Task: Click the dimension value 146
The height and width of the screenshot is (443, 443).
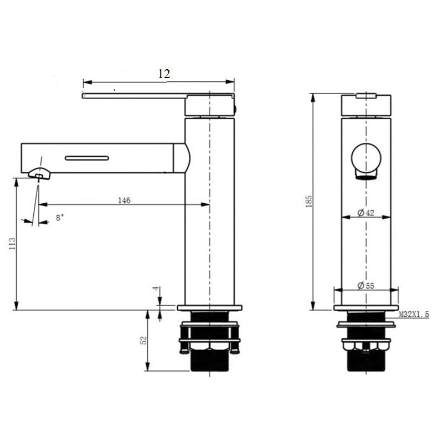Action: pyautogui.click(x=124, y=200)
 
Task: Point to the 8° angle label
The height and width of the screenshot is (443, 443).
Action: pyautogui.click(x=60, y=218)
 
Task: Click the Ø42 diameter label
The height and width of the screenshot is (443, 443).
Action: pyautogui.click(x=366, y=213)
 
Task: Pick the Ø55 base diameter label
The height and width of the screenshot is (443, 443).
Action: pyautogui.click(x=366, y=285)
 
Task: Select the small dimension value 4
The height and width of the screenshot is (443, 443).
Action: pyautogui.click(x=156, y=289)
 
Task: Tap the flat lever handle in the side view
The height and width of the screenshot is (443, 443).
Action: pyautogui.click(x=133, y=96)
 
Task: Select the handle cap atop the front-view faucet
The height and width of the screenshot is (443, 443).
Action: pyautogui.click(x=366, y=105)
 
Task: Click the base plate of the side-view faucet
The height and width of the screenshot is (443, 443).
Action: pyautogui.click(x=210, y=307)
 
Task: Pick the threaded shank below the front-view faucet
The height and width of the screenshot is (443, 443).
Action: pyautogui.click(x=366, y=360)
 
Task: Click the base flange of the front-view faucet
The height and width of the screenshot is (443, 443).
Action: pyautogui.click(x=366, y=307)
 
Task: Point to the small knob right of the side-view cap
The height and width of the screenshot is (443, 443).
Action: pyautogui.click(x=236, y=108)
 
